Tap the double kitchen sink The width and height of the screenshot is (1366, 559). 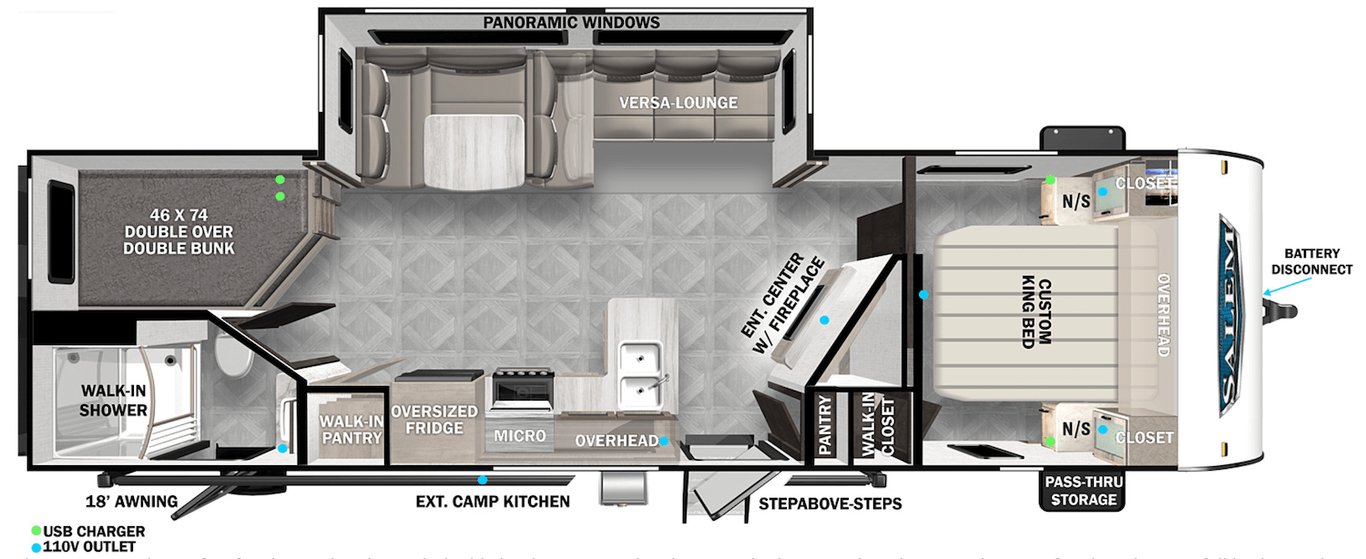coord(642,373)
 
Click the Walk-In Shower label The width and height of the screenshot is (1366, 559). coord(113,401)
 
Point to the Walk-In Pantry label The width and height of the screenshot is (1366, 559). coord(351,429)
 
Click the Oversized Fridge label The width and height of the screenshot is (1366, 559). coord(434,420)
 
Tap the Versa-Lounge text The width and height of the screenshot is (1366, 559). coord(678,102)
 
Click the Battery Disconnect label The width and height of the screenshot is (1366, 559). coord(1318,261)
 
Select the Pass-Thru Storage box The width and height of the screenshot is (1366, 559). coord(1082,491)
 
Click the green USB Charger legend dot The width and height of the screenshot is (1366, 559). coord(36,531)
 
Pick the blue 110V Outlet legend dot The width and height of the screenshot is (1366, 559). coord(36,546)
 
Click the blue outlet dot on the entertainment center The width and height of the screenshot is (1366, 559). coord(824,320)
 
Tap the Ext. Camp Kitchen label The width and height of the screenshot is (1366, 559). coord(493,502)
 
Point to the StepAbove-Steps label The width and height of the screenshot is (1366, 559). coord(830,503)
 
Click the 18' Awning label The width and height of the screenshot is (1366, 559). coord(127,501)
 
